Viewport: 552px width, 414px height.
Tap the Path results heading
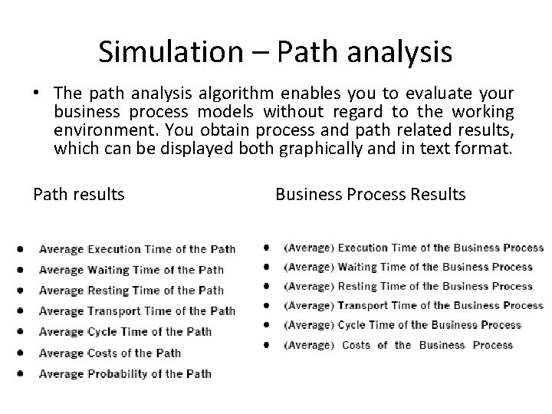[78, 195]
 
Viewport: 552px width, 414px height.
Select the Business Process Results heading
[370, 195]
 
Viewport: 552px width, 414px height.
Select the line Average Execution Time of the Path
[137, 249]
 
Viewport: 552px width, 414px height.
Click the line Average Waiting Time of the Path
[131, 270]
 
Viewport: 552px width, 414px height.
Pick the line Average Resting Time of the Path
[131, 291]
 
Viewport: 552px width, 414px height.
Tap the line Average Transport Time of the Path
[137, 311]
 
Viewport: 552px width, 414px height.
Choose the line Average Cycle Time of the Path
[125, 332]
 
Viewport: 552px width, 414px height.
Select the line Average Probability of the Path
[125, 374]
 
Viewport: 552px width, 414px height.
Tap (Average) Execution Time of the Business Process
[413, 248]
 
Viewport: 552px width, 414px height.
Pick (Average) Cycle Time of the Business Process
[402, 325]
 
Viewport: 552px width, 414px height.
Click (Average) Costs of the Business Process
[398, 345]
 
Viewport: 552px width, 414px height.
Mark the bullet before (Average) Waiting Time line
[266, 267]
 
